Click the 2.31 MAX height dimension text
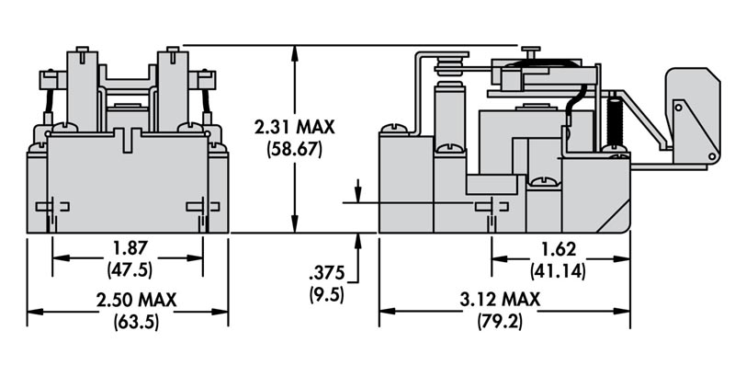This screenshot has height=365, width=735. coord(294,127)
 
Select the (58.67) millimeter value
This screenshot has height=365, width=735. coord(294,149)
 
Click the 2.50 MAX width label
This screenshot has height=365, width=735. coord(136,300)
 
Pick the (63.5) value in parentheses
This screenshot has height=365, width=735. coord(136,322)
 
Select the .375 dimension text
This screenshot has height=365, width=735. coord(327,272)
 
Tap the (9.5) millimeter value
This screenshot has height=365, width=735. coord(327,294)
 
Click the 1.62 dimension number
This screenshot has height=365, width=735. coord(558,249)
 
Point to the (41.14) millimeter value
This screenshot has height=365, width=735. coord(558,271)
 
